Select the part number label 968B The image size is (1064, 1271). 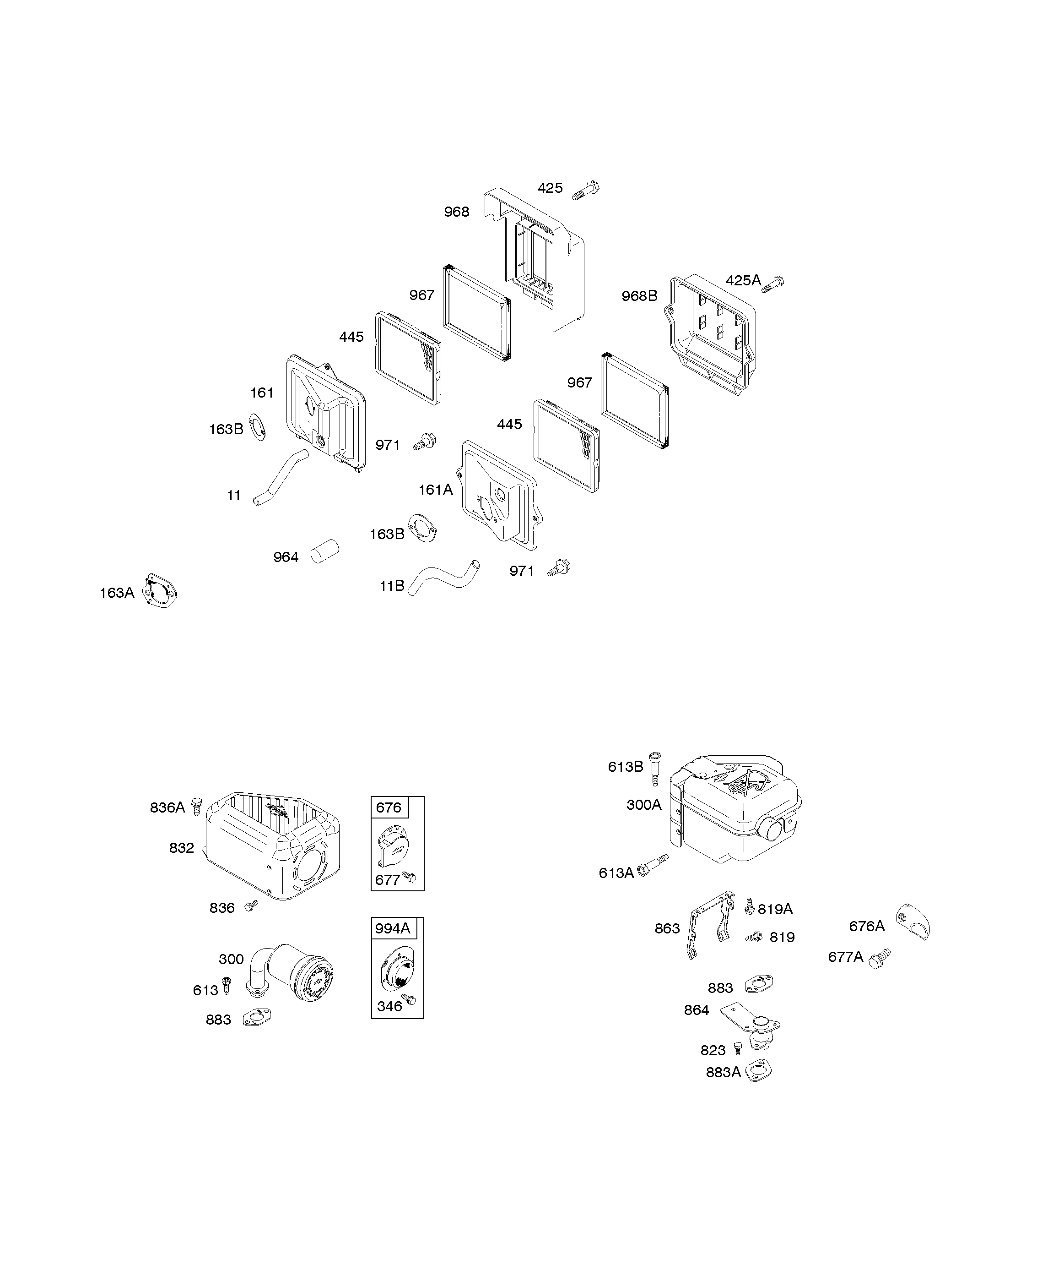tap(639, 296)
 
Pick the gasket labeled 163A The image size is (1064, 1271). tap(160, 591)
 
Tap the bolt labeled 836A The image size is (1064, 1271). tap(197, 806)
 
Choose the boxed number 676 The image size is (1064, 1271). tap(389, 807)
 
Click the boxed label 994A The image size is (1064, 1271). tap(392, 928)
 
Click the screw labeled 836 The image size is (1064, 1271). tap(251, 906)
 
